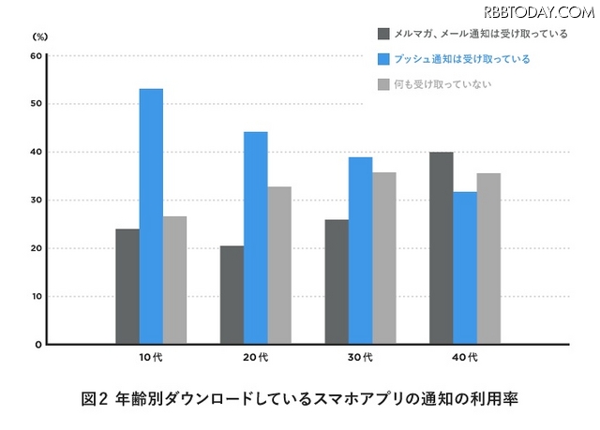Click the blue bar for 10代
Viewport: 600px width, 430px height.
pos(151,216)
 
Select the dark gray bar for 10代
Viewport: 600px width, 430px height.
pos(127,287)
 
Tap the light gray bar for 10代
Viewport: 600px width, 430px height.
pos(174,280)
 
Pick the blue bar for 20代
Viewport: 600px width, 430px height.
pos(256,238)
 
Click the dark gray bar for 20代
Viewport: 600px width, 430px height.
pos(232,295)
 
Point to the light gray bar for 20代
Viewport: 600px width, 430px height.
pos(279,265)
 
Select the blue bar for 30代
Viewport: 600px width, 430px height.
pos(361,250)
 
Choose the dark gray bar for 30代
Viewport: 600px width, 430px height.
pos(337,282)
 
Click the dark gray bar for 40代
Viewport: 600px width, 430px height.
pos(442,248)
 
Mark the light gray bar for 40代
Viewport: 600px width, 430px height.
pos(488,259)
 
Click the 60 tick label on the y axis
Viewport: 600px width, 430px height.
pos(37,55)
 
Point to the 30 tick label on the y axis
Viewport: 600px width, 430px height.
pos(37,200)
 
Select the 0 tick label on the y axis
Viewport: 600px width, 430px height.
pos(39,345)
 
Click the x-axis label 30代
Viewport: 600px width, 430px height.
pos(361,357)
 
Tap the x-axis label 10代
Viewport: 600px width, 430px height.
pos(151,357)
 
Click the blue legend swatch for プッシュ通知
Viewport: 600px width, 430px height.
pos(383,59)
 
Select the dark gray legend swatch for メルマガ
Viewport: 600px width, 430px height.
pos(383,34)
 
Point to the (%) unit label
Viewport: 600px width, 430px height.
pos(39,36)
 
